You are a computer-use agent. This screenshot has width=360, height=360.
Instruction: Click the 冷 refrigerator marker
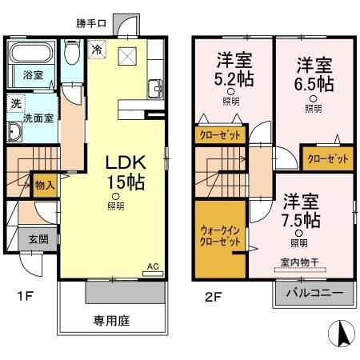point(96,49)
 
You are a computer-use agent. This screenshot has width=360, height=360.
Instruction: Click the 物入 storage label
point(44,185)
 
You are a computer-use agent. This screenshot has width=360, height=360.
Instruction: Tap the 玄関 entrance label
point(39,238)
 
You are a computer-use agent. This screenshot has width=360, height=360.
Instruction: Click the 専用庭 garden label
point(111,322)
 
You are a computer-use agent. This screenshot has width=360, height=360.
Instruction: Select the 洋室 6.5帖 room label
point(312,72)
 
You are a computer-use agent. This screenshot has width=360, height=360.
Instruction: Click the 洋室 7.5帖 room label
point(300,210)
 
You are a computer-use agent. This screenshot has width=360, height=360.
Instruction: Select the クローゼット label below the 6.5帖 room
point(328,158)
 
